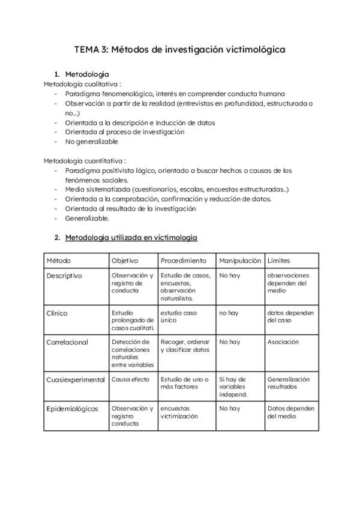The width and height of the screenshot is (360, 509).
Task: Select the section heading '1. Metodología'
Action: point(87,74)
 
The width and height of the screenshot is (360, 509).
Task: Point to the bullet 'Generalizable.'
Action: point(88,218)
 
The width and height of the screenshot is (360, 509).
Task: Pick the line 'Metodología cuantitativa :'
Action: point(85,161)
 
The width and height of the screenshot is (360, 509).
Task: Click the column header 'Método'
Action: point(58,261)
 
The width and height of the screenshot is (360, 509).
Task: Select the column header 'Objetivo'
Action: point(125,261)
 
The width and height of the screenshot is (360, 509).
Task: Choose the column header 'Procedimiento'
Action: point(184,261)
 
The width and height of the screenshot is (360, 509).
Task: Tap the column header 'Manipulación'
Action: point(240,261)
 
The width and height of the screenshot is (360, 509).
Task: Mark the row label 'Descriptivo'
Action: point(64,276)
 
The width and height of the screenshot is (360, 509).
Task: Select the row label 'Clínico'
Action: point(57,313)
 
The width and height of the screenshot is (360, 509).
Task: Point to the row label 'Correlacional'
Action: point(67,342)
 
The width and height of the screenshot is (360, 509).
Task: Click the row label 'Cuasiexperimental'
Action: point(76,380)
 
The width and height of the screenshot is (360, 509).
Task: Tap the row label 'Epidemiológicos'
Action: point(72,409)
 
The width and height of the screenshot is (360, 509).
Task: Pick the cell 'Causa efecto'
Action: point(130,380)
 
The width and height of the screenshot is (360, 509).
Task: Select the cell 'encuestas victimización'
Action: point(179,412)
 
